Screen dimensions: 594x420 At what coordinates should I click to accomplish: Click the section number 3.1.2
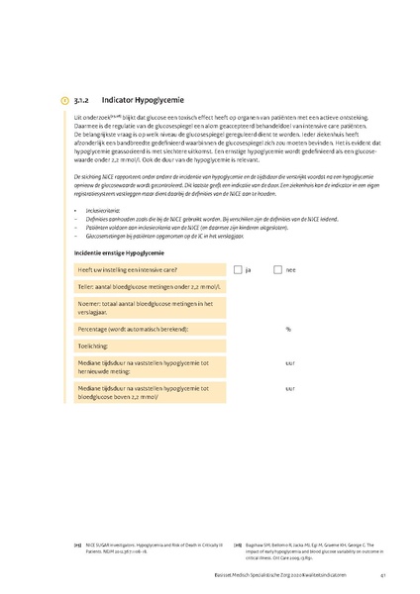[x=82, y=101]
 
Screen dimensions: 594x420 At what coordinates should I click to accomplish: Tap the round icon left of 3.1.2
[x=64, y=101]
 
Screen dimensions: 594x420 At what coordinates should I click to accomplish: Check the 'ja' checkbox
[x=238, y=268]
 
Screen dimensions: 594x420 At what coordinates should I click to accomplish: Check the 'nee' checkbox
[x=278, y=268]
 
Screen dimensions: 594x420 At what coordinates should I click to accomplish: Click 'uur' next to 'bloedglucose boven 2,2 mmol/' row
[x=289, y=388]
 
